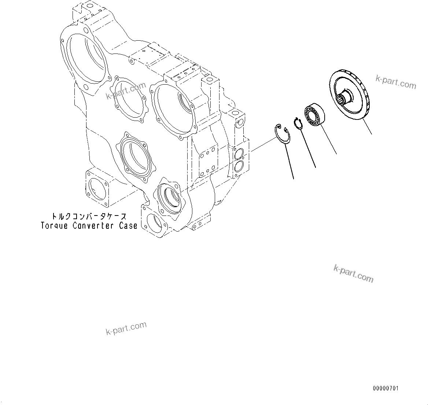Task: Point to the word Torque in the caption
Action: pyautogui.click(x=54, y=225)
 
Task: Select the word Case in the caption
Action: pyautogui.click(x=128, y=225)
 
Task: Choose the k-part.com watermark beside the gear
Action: pyautogui.click(x=396, y=82)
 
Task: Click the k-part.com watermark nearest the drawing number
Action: pyautogui.click(x=354, y=274)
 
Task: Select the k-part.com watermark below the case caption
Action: pyautogui.click(x=126, y=328)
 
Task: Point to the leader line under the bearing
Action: pyautogui.click(x=328, y=139)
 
